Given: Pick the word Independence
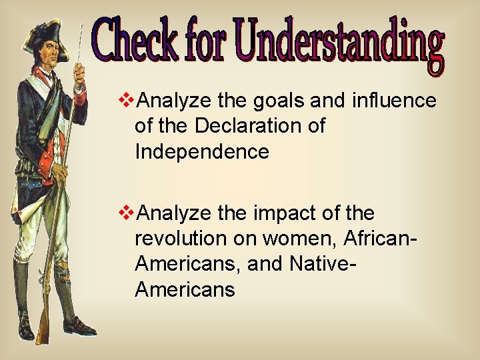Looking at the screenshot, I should click(x=201, y=152).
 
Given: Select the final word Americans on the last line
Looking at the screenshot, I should click(x=185, y=290).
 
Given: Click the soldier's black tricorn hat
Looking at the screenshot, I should click(x=43, y=33).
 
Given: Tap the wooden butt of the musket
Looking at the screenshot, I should click(x=43, y=326).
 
